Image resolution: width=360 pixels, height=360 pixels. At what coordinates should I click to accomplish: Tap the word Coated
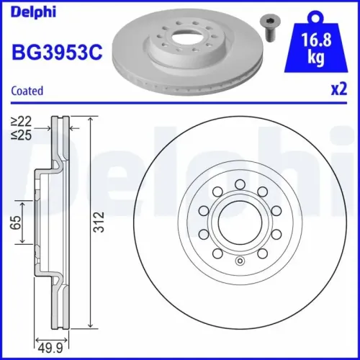click(x=28, y=91)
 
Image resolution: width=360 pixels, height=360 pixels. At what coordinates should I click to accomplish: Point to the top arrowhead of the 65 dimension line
click(x=24, y=204)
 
